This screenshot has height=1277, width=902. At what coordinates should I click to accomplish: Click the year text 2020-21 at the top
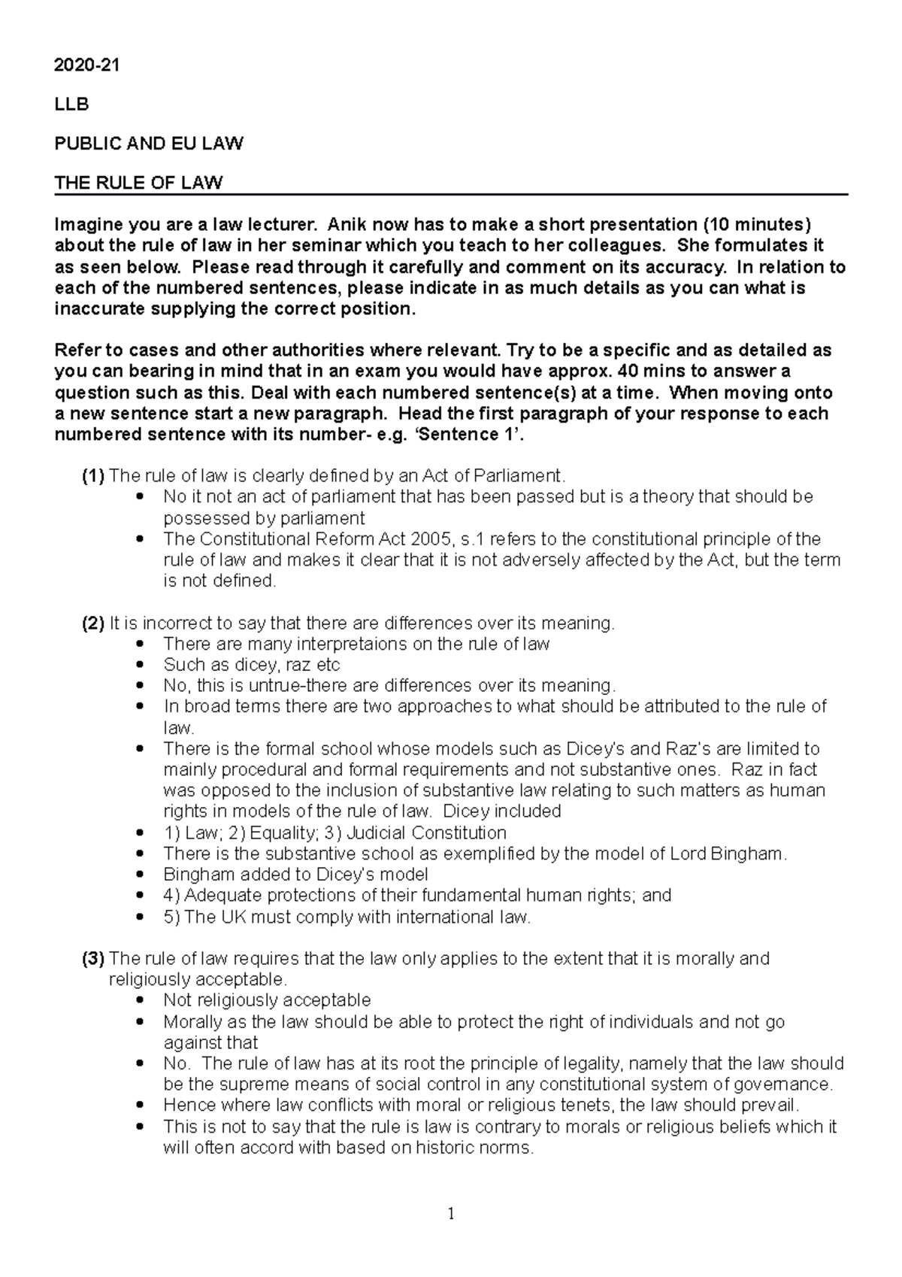(86, 65)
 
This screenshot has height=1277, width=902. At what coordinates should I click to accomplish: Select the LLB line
(71, 105)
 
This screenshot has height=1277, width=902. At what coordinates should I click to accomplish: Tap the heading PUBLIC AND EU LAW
(148, 144)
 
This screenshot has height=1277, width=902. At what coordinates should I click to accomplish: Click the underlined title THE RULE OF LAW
(138, 183)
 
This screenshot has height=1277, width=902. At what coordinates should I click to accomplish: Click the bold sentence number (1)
(94, 476)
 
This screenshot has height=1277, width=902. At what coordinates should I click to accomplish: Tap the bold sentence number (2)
(94, 623)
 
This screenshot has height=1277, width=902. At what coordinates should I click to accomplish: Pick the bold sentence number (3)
(94, 959)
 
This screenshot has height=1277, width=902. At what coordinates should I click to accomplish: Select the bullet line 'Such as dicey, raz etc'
(251, 665)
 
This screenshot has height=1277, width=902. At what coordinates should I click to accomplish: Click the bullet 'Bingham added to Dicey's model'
(295, 875)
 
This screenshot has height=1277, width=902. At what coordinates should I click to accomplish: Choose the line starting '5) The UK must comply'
(347, 918)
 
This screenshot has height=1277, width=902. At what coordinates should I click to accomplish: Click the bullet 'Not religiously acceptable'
(267, 1000)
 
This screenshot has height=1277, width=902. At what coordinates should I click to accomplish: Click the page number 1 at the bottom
(451, 1214)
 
